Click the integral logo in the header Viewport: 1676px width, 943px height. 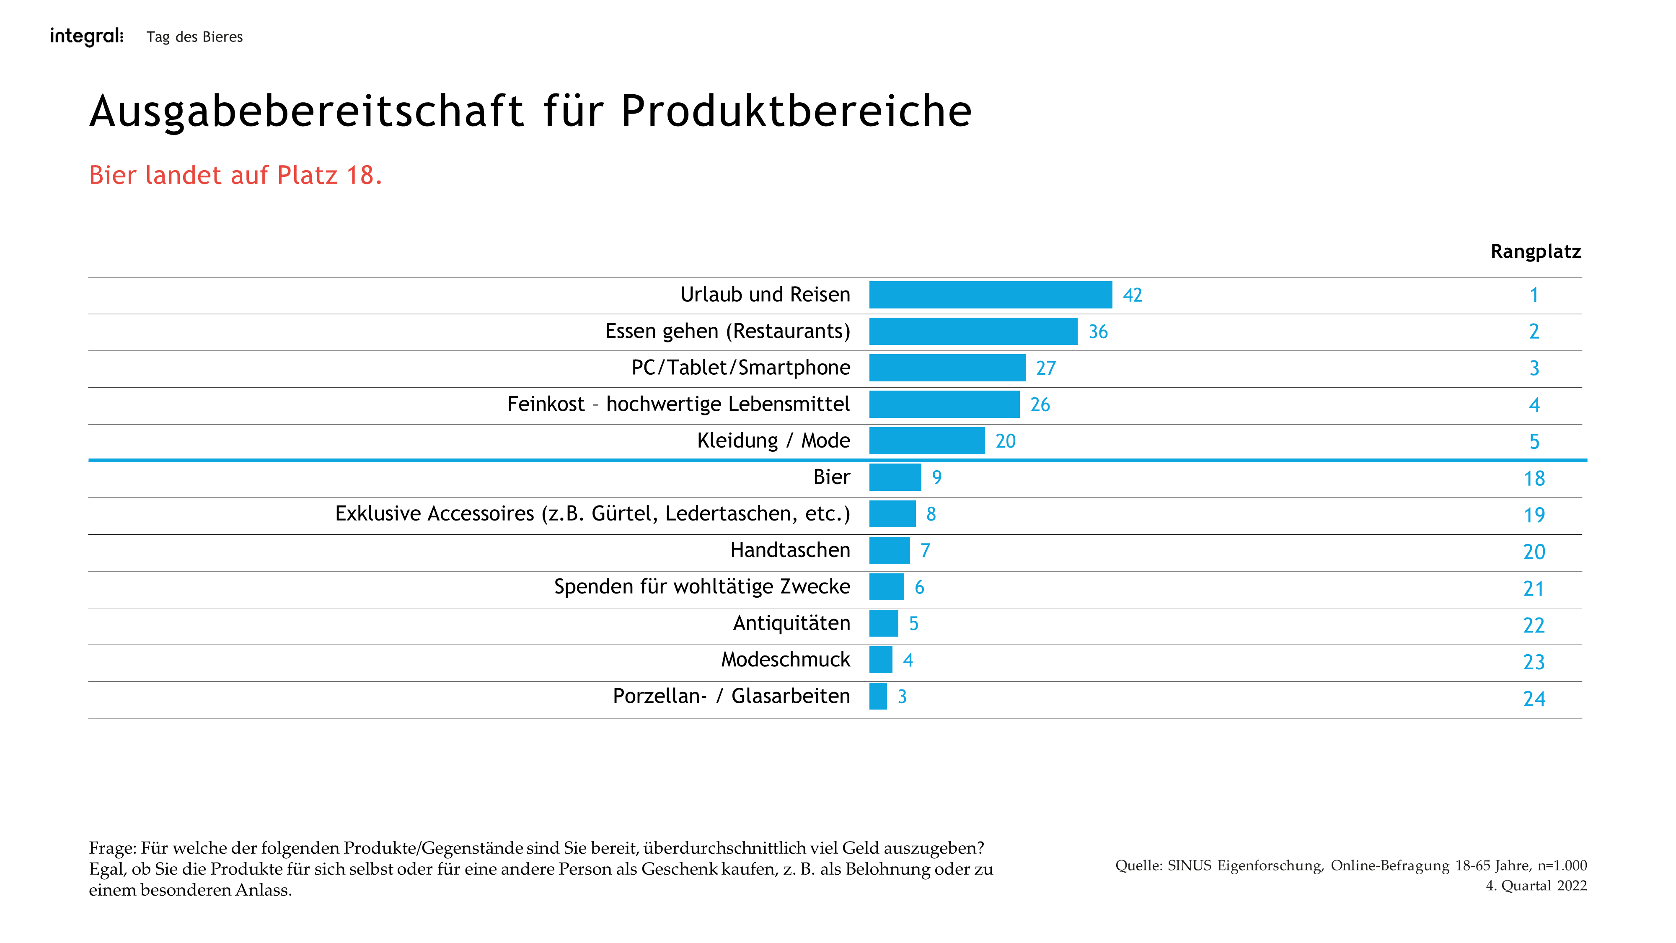point(87,36)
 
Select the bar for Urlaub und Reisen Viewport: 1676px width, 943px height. point(990,295)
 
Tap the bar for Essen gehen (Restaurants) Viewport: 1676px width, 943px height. point(972,331)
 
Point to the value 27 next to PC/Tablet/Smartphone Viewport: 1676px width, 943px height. point(1045,368)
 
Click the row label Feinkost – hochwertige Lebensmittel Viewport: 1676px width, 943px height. point(678,404)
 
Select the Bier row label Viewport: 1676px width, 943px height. point(831,477)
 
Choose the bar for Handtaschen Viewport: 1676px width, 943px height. point(889,551)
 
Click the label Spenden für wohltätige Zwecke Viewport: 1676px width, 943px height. point(701,587)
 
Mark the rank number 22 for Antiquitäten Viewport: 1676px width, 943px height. point(1534,625)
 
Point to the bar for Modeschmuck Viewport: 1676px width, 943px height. point(880,660)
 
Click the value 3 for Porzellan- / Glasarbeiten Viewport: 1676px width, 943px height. point(902,697)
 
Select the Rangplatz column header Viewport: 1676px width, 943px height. point(1536,252)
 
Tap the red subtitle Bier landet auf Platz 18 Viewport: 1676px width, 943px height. point(235,175)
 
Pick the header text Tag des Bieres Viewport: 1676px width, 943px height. point(194,37)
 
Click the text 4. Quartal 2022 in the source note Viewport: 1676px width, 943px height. point(1536,886)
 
